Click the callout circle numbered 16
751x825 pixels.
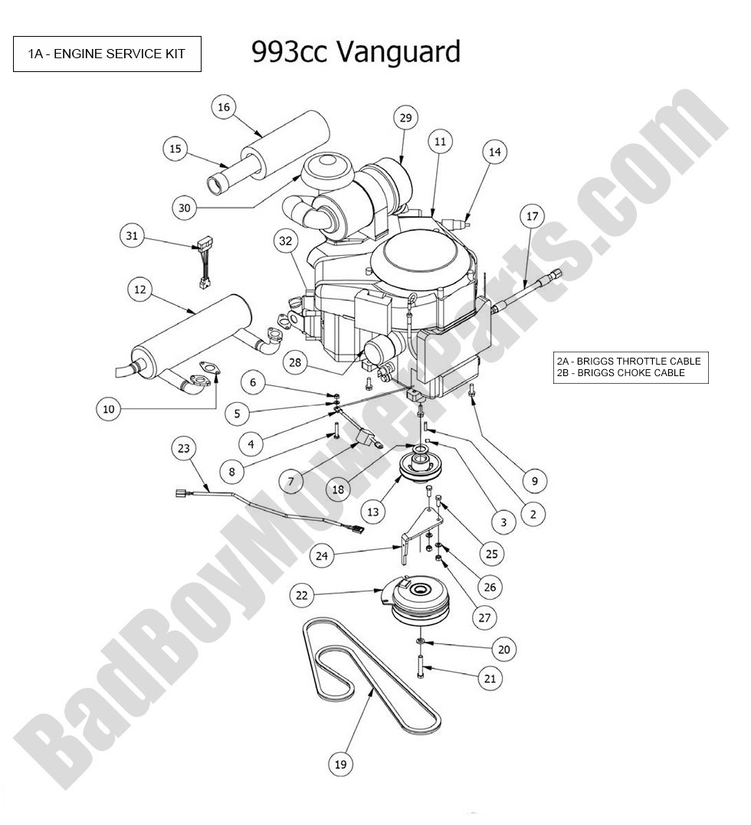(224, 107)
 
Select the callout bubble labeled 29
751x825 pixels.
(406, 117)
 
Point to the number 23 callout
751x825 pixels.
(183, 448)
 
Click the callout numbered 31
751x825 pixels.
(132, 237)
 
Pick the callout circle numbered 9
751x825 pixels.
(534, 481)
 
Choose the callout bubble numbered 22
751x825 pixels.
(303, 594)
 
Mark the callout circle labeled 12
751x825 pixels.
(139, 290)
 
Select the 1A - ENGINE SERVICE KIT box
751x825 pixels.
(107, 54)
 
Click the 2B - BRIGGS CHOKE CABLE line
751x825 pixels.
(621, 373)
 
